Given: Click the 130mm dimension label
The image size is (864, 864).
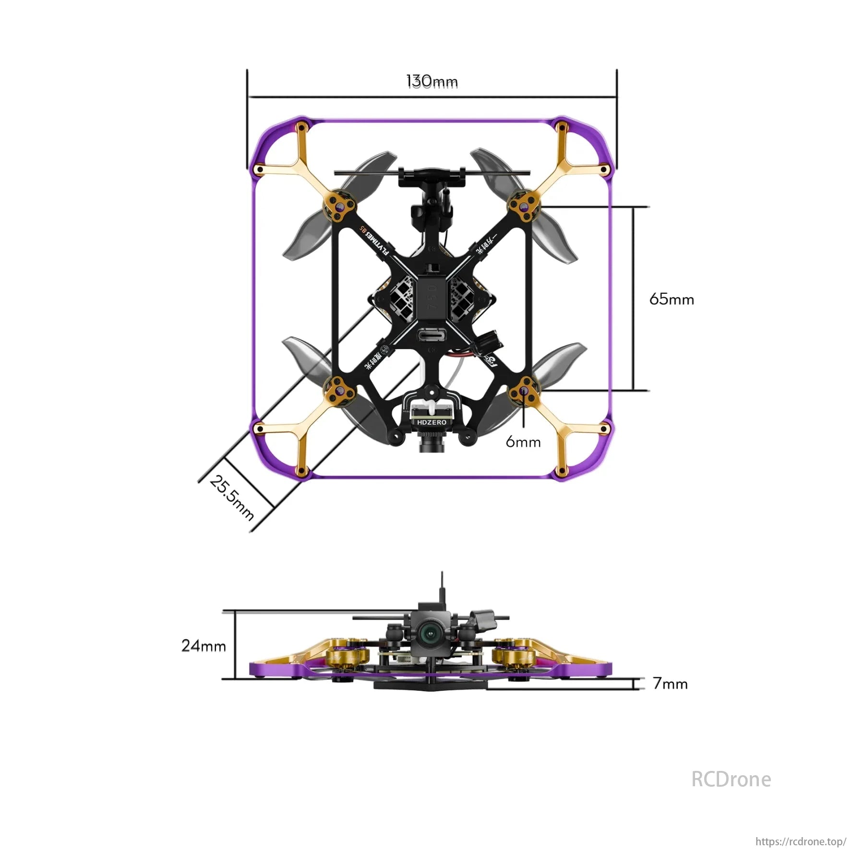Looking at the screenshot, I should pyautogui.click(x=432, y=82).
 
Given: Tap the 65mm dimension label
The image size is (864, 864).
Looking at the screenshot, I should pyautogui.click(x=672, y=300).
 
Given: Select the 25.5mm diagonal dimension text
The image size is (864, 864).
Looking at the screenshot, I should pyautogui.click(x=232, y=497).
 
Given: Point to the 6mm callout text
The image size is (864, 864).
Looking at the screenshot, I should pyautogui.click(x=523, y=442).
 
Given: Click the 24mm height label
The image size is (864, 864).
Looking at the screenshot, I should pyautogui.click(x=204, y=646).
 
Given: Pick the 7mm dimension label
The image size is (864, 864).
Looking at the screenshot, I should pyautogui.click(x=670, y=684).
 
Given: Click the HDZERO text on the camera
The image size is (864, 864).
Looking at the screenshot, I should pyautogui.click(x=432, y=422).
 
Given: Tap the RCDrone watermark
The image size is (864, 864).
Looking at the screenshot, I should pyautogui.click(x=731, y=779).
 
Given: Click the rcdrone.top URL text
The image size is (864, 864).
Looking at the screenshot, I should pyautogui.click(x=801, y=841).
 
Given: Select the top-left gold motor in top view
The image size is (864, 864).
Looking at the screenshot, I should pyautogui.click(x=340, y=207).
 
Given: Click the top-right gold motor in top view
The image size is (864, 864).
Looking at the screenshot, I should pyautogui.click(x=524, y=206).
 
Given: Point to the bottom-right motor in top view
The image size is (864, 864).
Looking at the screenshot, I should pyautogui.click(x=524, y=391).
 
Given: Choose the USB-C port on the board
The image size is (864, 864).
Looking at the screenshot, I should pyautogui.click(x=432, y=335).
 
